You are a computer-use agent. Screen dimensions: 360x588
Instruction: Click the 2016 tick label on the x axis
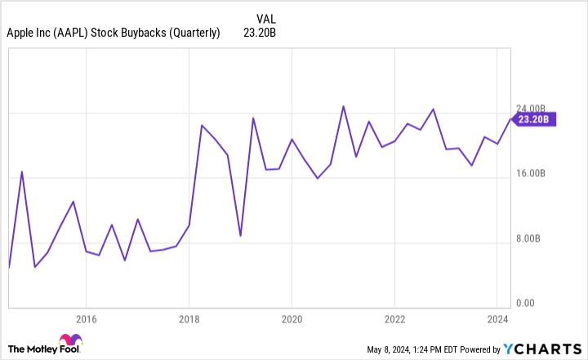87,318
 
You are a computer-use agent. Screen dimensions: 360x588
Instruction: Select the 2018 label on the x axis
189,318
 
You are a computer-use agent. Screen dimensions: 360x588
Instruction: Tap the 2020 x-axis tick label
292,318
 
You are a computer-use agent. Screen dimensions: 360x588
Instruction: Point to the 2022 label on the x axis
395,318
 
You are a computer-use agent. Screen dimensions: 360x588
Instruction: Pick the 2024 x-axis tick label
498,318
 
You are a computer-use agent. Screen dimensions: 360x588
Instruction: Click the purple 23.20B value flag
535,119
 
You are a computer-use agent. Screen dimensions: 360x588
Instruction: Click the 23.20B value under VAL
263,33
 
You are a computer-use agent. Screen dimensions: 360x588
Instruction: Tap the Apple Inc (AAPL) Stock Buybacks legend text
113,33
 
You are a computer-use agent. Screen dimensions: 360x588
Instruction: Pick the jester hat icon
68,341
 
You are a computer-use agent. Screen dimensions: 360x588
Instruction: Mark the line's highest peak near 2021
343,106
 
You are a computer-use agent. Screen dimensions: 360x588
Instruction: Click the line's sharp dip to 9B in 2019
240,236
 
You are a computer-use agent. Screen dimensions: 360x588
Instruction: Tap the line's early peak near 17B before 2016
22,171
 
